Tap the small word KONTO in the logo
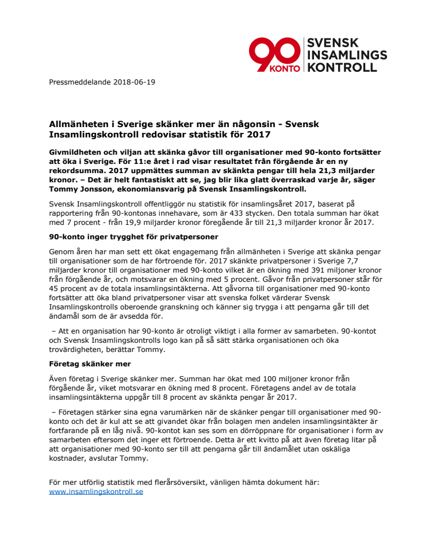(x=286, y=67)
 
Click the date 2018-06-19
(x=135, y=82)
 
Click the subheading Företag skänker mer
(x=89, y=363)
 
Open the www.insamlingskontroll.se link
(x=96, y=492)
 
